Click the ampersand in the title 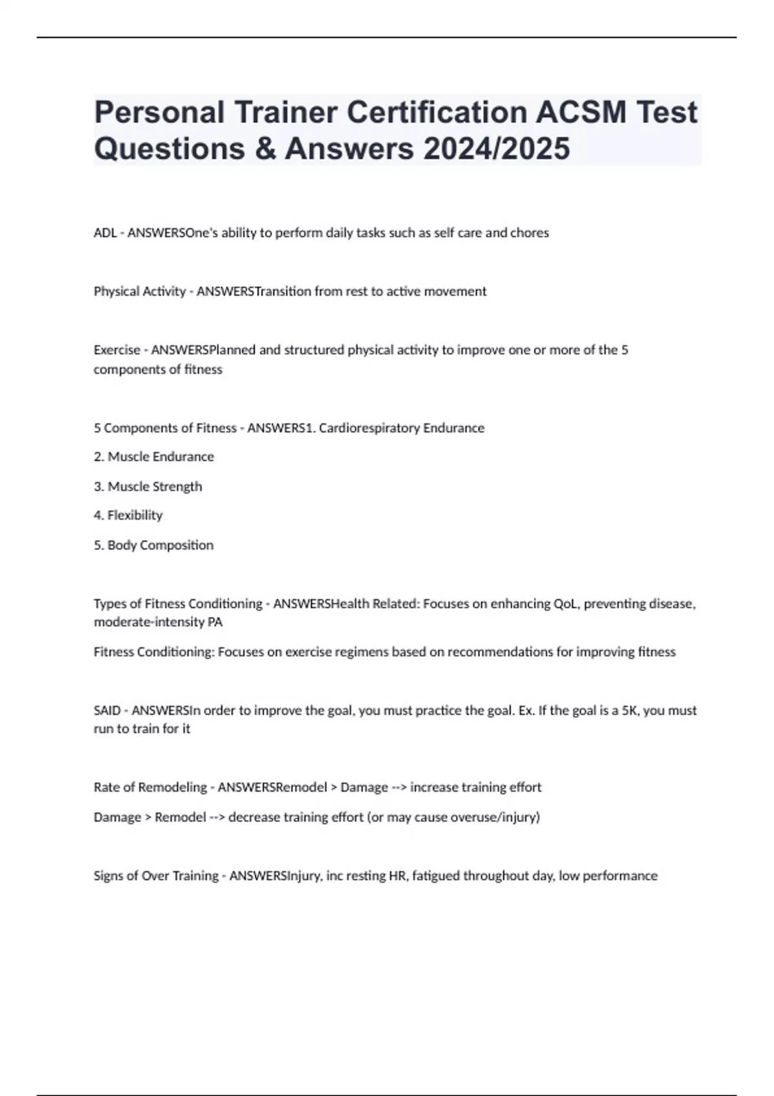click(x=265, y=148)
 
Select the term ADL click(x=104, y=233)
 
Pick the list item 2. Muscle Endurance click(x=154, y=456)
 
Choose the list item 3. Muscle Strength click(x=148, y=486)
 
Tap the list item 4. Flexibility click(x=128, y=515)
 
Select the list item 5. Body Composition click(x=154, y=545)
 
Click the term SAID click(x=107, y=710)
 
